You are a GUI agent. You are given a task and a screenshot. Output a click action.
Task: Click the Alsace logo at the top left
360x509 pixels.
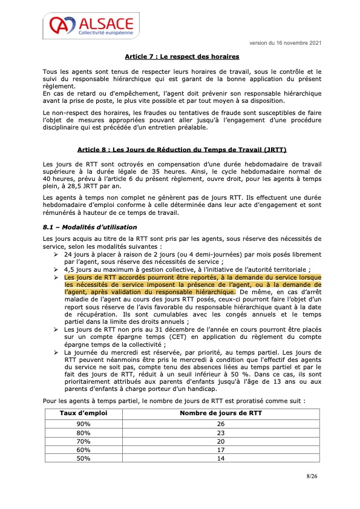point(91,27)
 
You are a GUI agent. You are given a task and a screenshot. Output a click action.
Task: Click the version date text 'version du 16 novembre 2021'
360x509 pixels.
point(285,43)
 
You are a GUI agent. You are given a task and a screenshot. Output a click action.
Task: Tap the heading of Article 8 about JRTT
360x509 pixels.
point(182,149)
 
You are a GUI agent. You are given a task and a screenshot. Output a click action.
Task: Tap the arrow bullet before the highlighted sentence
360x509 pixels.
point(56,277)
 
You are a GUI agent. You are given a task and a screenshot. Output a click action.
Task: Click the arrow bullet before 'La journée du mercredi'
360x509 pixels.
point(56,351)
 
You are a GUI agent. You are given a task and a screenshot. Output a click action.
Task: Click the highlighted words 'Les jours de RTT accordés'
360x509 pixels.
point(100,277)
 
